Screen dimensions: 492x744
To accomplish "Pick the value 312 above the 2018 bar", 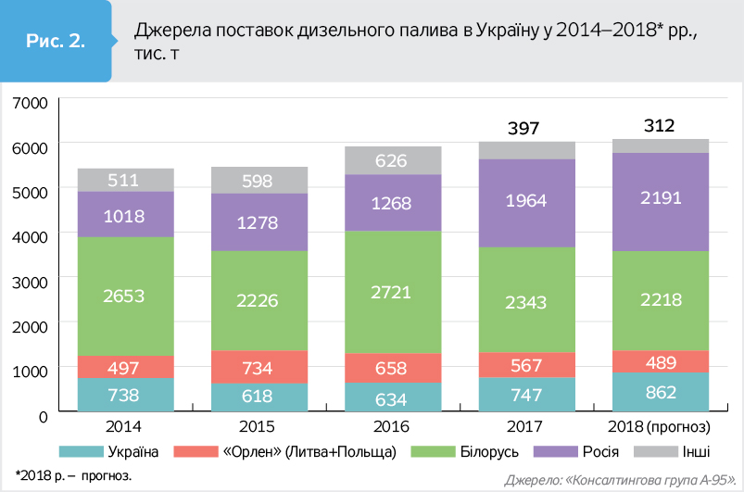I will [661, 126].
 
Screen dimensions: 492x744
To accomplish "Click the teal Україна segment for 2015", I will [259, 397].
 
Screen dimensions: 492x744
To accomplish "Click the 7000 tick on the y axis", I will [31, 102].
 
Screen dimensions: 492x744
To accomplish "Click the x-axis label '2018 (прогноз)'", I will [661, 427].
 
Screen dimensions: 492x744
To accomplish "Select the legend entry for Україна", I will [120, 452].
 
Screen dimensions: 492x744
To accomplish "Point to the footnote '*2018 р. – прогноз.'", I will [73, 474].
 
